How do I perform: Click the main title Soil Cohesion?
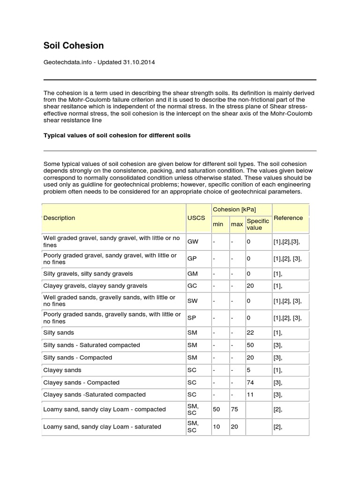(x=74, y=45)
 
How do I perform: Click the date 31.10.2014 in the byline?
(x=140, y=62)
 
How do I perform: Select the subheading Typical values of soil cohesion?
(x=117, y=135)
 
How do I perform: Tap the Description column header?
(x=59, y=217)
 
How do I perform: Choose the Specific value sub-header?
(x=258, y=224)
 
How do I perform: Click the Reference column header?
(x=288, y=217)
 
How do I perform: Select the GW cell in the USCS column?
(x=192, y=242)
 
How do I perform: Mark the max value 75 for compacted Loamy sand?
(x=234, y=409)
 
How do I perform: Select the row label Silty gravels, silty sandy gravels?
(x=88, y=273)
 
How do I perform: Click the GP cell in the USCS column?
(x=192, y=259)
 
